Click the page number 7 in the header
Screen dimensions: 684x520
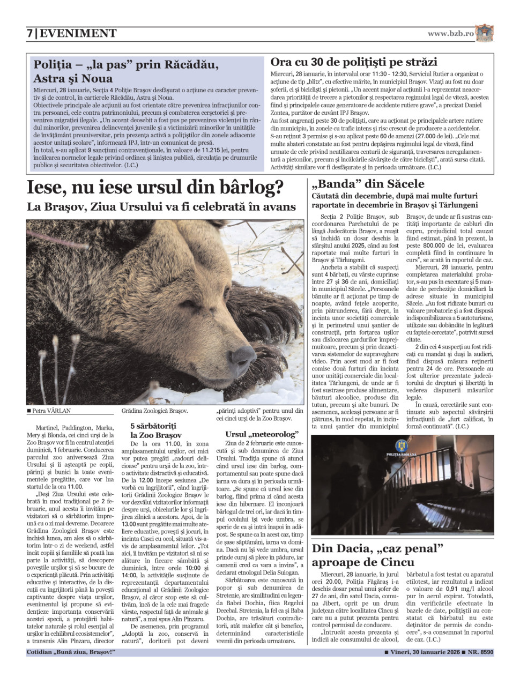coord(30,34)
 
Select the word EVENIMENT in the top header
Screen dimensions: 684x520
coord(78,34)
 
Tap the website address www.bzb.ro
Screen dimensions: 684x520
coord(450,33)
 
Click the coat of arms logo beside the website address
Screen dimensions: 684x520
coord(485,33)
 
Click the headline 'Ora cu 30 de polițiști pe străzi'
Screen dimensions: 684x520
coord(353,62)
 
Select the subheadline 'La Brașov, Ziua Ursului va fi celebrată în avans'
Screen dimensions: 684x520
coord(161,206)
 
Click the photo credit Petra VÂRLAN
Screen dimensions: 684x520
coord(51,411)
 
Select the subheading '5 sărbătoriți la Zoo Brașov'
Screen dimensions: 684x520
coord(156,430)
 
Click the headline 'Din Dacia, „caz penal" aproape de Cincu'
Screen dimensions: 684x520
coord(378,555)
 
